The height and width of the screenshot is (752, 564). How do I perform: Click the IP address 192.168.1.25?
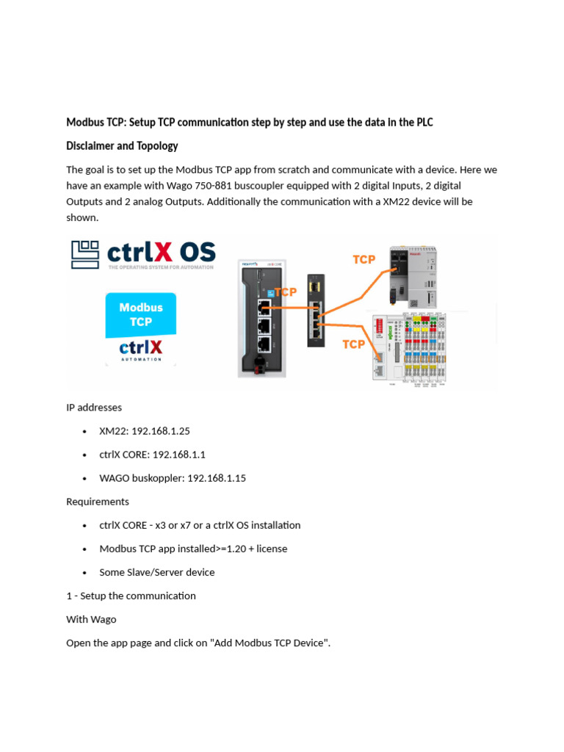click(x=161, y=431)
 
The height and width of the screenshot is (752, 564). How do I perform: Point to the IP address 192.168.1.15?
click(x=217, y=478)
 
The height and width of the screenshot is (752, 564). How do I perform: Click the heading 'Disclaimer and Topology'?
click(x=122, y=145)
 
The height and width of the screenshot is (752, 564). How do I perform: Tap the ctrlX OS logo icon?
click(x=85, y=254)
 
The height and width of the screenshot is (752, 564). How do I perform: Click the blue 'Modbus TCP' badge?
click(x=141, y=314)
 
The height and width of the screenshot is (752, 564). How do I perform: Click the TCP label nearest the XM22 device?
click(x=364, y=259)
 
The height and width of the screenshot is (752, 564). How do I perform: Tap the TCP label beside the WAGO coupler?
click(x=354, y=344)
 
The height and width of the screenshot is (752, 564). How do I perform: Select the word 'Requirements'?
click(x=98, y=502)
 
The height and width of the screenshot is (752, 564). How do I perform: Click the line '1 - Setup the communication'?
click(x=131, y=596)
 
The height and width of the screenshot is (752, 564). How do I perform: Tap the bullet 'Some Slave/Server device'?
click(x=157, y=572)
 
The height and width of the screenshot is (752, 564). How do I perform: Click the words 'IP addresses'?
click(x=94, y=407)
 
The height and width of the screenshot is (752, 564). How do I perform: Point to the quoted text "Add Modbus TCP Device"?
click(x=270, y=643)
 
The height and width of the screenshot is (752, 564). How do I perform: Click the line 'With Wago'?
click(x=91, y=619)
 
